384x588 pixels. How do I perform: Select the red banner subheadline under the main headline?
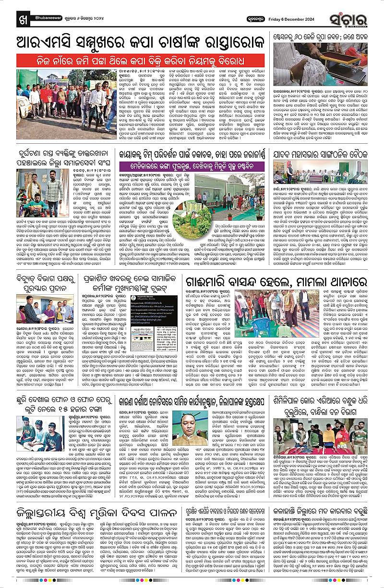pos(139,62)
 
